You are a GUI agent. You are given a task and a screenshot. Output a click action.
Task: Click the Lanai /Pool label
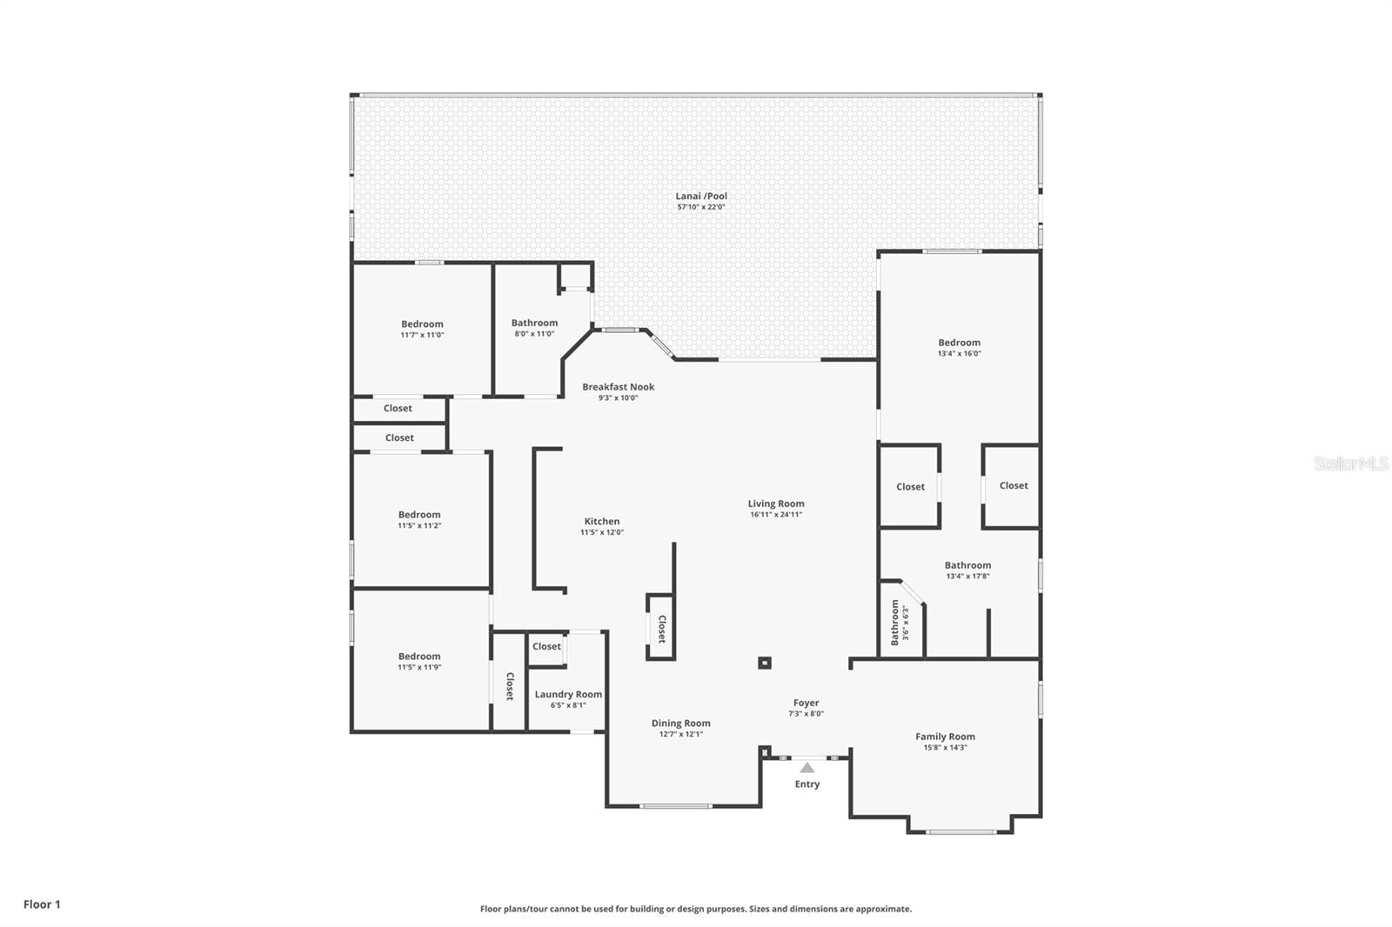point(701,197)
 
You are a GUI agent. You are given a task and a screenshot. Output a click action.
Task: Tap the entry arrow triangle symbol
point(807,768)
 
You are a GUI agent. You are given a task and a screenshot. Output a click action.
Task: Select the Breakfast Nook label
point(619,387)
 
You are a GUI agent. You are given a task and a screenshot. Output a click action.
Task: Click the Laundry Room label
point(568,695)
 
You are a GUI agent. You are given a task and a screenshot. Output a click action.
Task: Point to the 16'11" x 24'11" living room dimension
point(776,515)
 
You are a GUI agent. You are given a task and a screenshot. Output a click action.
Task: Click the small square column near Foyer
point(765,664)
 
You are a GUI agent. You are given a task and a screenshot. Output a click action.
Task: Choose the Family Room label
point(945,737)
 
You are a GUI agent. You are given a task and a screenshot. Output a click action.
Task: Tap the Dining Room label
point(680,724)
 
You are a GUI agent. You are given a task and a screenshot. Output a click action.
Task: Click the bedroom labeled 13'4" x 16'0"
point(959,347)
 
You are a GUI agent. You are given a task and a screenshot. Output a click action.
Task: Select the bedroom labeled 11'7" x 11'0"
point(422,329)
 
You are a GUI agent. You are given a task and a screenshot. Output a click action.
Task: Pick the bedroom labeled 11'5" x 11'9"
point(419,661)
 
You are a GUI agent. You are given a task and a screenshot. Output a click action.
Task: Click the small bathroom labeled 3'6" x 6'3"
point(900,623)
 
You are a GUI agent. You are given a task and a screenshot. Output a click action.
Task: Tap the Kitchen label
point(602,522)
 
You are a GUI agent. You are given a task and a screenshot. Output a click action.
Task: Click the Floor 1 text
point(42,904)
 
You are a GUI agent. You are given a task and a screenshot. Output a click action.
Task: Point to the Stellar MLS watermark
point(1350,464)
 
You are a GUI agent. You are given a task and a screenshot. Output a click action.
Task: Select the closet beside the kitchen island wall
point(661,628)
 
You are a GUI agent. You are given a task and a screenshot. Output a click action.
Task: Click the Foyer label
point(806,703)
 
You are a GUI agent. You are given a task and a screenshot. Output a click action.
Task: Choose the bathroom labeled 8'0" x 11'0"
point(534,327)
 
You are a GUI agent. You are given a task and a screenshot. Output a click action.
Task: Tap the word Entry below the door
point(807,784)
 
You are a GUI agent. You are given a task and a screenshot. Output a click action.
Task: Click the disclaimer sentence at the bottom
point(696,909)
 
